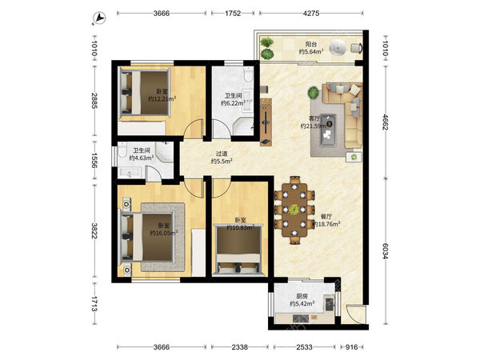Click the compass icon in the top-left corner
point(99,18)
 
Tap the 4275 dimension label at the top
point(311,13)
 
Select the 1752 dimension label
point(233,13)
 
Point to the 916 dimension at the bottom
point(351,347)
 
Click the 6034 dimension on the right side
point(385,251)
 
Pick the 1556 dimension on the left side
point(94,160)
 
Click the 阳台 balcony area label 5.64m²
point(311,48)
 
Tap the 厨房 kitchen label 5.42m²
point(302,300)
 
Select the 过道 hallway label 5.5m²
point(222,158)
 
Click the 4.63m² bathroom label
point(141,154)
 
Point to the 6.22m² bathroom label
point(234,99)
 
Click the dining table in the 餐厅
point(294,210)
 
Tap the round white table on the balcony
point(338,48)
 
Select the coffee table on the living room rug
point(328,130)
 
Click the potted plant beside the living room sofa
point(314,93)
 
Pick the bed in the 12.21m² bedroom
point(145,93)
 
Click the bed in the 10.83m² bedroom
point(238,249)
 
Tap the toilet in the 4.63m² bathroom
point(122,151)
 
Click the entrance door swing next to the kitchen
point(355,313)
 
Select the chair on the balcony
point(357,48)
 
